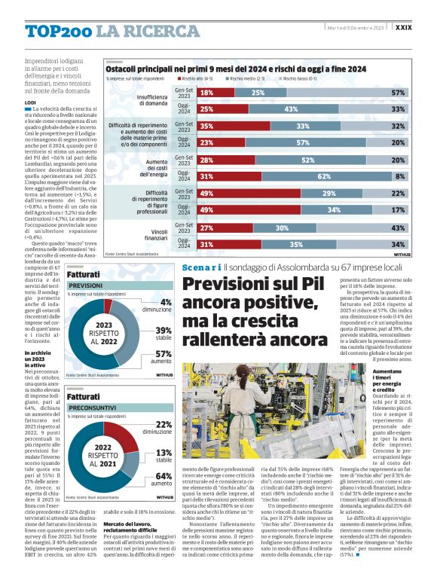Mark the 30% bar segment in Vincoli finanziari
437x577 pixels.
point(281,227)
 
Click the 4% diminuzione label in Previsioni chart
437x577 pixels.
point(161,305)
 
